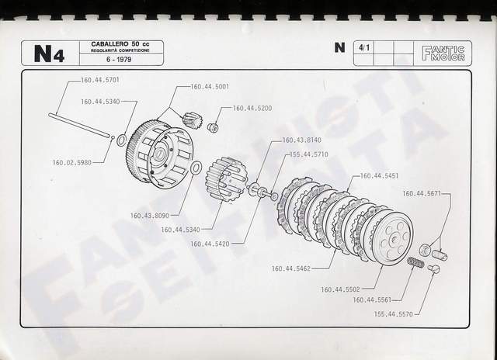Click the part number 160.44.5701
pos(99,80)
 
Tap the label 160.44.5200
pos(253,108)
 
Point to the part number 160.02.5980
pos(74,162)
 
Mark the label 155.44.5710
pos(309,154)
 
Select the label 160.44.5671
pos(423,193)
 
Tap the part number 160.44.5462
pos(293,269)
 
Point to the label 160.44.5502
pos(342,290)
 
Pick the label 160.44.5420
pos(210,244)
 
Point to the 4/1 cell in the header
pos(363,47)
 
